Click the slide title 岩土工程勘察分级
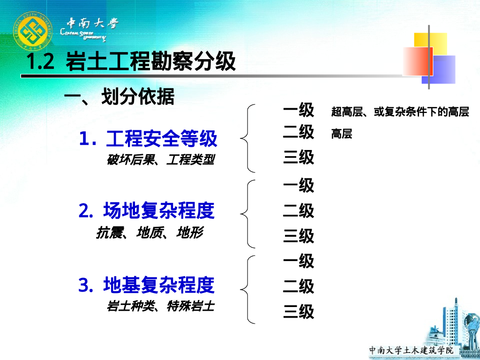131,62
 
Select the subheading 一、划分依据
119,97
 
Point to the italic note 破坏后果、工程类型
161,160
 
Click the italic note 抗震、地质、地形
150,232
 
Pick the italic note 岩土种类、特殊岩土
160,307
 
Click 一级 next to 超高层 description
299,110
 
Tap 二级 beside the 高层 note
299,132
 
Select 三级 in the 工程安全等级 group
299,157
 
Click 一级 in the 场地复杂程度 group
299,186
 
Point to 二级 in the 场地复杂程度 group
299,211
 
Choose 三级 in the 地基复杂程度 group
299,312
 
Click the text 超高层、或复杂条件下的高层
400,112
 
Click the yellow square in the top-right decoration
430,41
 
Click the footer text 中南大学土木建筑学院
411,350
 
